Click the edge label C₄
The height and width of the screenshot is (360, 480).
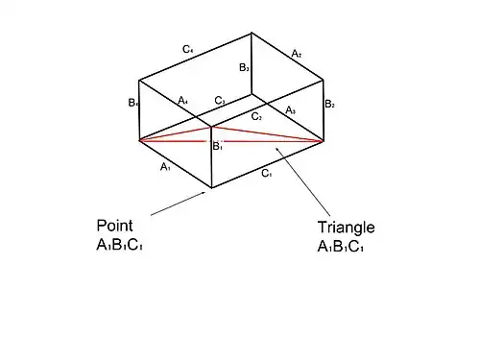pyautogui.click(x=188, y=47)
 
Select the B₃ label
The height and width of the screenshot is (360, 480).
pyautogui.click(x=245, y=68)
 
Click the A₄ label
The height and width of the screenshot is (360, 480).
pyautogui.click(x=183, y=100)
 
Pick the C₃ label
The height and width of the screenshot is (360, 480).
pyautogui.click(x=220, y=100)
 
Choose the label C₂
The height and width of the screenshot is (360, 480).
pyautogui.click(x=256, y=116)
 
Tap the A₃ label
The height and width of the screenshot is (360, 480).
pyautogui.click(x=291, y=110)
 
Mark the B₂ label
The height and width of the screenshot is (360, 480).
pyautogui.click(x=328, y=104)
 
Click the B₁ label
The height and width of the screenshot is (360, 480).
pyautogui.click(x=217, y=147)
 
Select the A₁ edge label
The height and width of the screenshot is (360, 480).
pyautogui.click(x=165, y=167)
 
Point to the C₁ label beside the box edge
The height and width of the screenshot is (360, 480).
pyautogui.click(x=267, y=174)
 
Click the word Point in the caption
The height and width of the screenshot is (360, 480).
pyautogui.click(x=114, y=226)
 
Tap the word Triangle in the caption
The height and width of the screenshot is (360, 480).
pyautogui.click(x=346, y=228)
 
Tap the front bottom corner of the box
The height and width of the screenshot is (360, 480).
pyautogui.click(x=212, y=187)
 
